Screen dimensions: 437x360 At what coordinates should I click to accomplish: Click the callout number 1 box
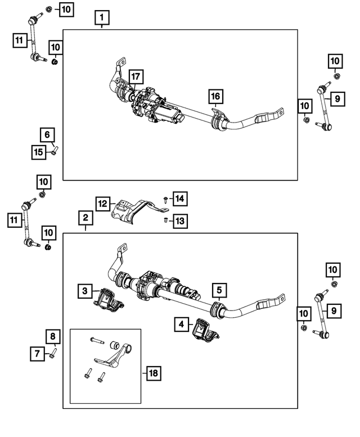pyautogui.click(x=101, y=19)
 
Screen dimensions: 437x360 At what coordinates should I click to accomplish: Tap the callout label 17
pyautogui.click(x=135, y=76)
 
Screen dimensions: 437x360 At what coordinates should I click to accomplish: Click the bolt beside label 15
pyautogui.click(x=55, y=150)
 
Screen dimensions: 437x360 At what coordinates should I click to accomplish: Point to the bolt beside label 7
pyautogui.click(x=52, y=353)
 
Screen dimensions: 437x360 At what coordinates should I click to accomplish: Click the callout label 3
pyautogui.click(x=85, y=290)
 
